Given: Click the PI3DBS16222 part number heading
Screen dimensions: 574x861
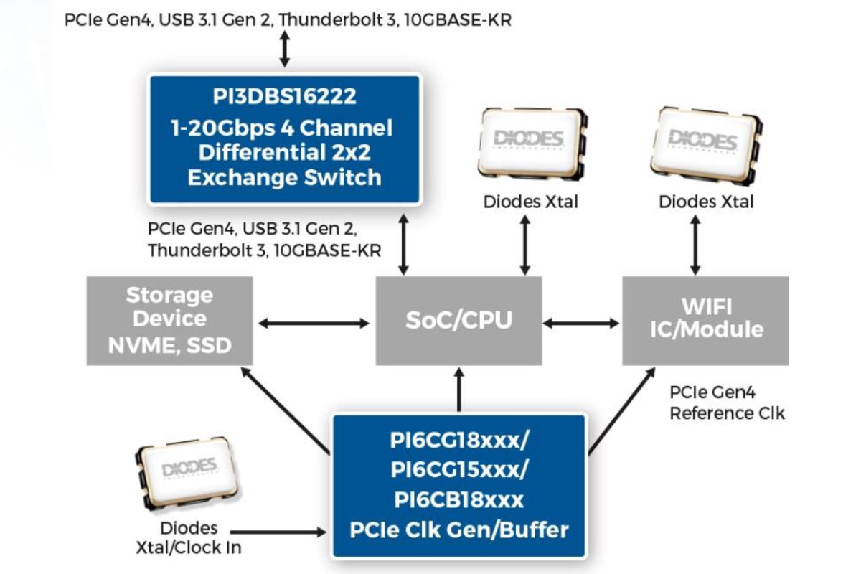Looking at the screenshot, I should [x=284, y=97].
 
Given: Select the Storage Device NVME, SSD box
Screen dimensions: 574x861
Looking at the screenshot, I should [x=169, y=320].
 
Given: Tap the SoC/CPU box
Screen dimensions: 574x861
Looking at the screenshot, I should [x=459, y=320].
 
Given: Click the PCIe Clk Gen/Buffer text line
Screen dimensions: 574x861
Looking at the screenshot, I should [x=458, y=530].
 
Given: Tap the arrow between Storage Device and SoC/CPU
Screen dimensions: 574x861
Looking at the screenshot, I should [x=314, y=324].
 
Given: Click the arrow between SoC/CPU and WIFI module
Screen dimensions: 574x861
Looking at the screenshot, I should [x=582, y=324].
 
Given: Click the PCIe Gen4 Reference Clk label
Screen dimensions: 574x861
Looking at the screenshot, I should [x=727, y=403].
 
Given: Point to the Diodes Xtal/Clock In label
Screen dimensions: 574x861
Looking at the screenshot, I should [x=189, y=537].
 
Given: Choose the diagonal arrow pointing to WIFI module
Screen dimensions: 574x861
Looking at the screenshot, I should [x=621, y=410].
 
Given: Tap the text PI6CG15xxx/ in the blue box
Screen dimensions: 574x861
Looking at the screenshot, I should [x=458, y=469].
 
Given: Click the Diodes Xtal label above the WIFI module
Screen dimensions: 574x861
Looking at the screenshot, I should [x=706, y=202].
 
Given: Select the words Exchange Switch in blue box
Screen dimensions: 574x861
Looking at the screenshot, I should [x=284, y=177].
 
